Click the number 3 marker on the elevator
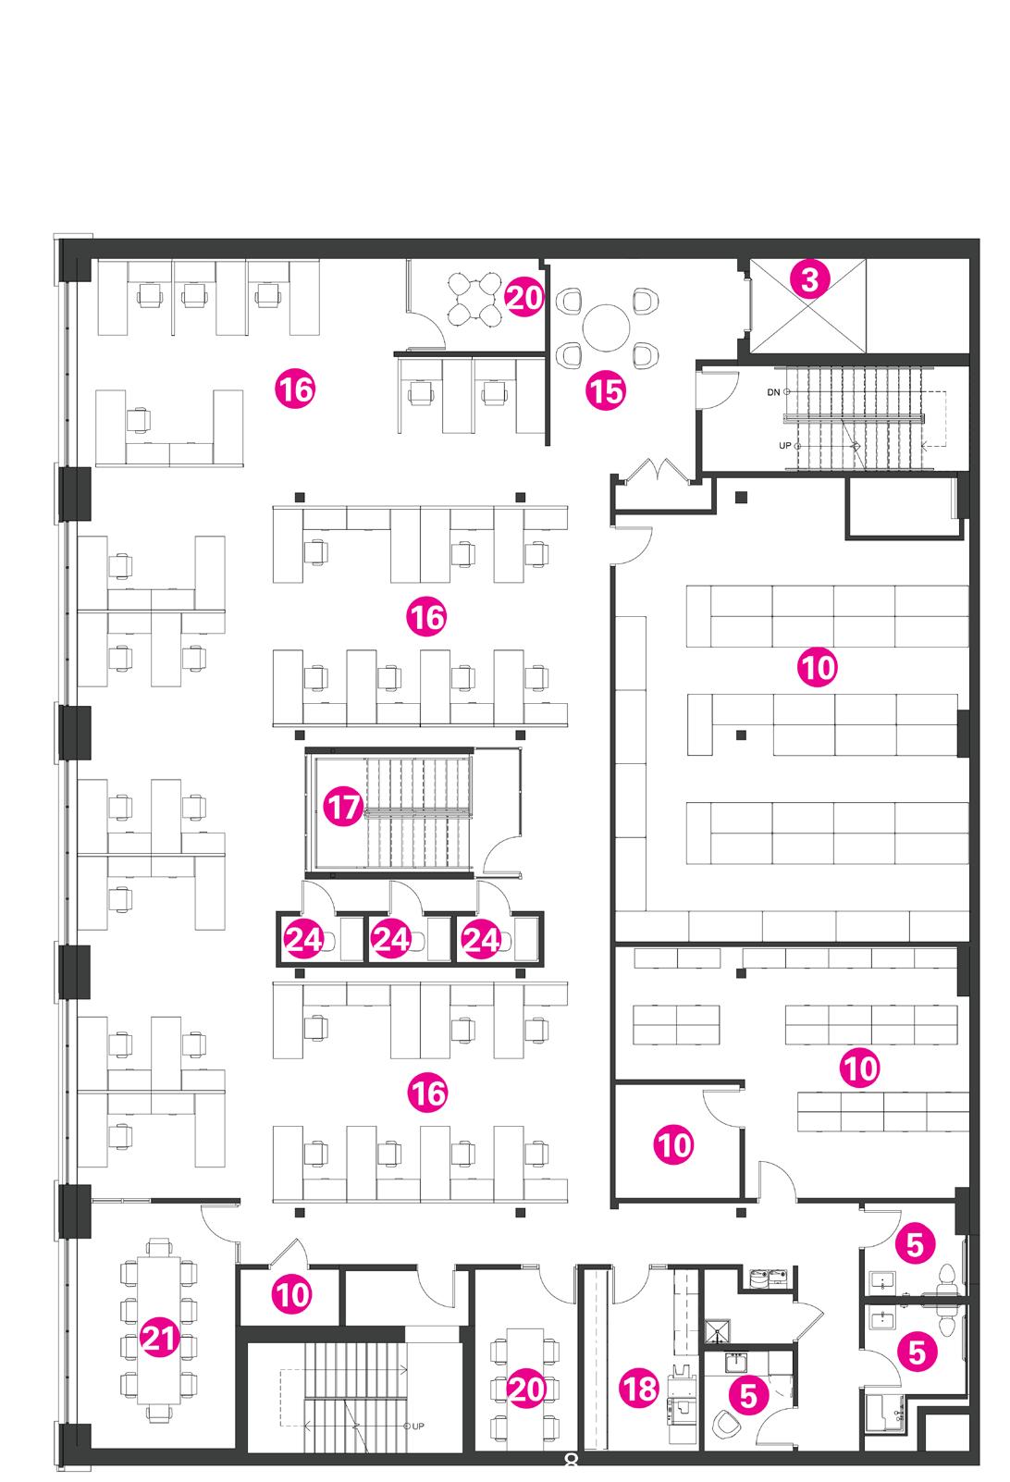[x=809, y=278]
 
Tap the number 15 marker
[x=606, y=391]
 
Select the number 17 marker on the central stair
[x=343, y=809]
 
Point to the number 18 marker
[x=640, y=1388]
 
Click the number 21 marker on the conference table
[x=159, y=1338]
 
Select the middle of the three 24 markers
[x=390, y=940]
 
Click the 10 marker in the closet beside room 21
[x=292, y=1294]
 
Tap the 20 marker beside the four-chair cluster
[x=524, y=299]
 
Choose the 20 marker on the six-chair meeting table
[x=525, y=1389]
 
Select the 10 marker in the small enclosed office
[x=674, y=1145]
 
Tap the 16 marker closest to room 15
[x=295, y=389]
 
